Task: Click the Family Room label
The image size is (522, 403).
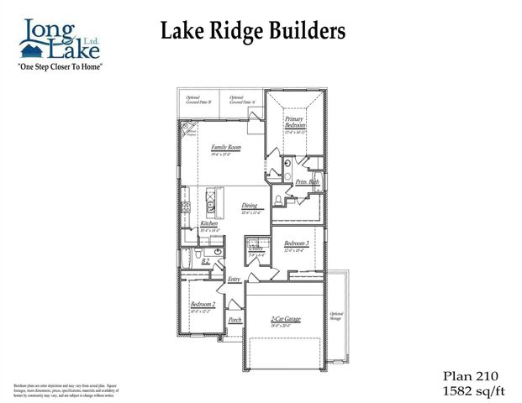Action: [225, 148]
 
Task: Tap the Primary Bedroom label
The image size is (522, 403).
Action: [294, 123]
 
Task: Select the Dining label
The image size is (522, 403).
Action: [250, 206]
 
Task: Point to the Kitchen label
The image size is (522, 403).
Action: [209, 224]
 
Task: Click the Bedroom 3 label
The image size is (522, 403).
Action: [296, 243]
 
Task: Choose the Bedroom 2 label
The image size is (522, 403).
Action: [203, 304]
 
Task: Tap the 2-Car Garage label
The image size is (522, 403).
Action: [285, 320]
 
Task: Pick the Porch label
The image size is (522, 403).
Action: [235, 321]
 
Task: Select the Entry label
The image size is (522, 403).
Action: [235, 279]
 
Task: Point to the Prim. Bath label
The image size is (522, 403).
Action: [307, 181]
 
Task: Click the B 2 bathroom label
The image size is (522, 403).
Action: [205, 261]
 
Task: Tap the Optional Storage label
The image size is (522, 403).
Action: [336, 315]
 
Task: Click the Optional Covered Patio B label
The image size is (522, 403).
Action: [198, 100]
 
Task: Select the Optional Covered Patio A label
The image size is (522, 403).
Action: [242, 100]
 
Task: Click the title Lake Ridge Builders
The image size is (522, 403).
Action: [252, 32]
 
